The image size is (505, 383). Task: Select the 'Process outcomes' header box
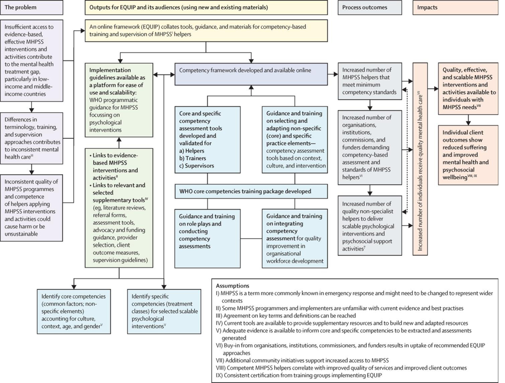371,8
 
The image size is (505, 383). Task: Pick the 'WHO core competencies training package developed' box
249,191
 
